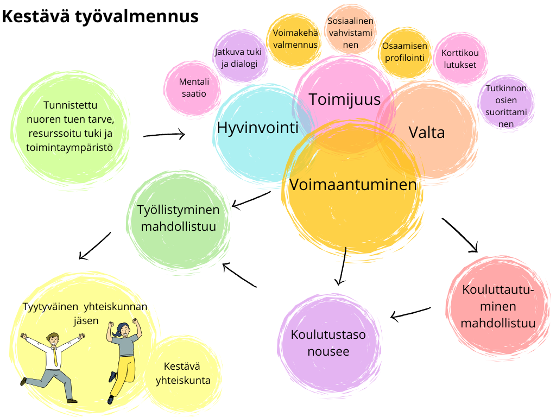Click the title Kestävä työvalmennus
[100, 16]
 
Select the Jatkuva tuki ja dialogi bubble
[238, 58]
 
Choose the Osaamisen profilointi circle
[405, 52]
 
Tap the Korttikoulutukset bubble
[459, 59]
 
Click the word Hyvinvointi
[258, 128]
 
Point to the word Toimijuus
[345, 99]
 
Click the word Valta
[427, 132]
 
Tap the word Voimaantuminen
[353, 185]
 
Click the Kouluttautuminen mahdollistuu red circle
[497, 306]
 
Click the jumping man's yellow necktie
[55, 356]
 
